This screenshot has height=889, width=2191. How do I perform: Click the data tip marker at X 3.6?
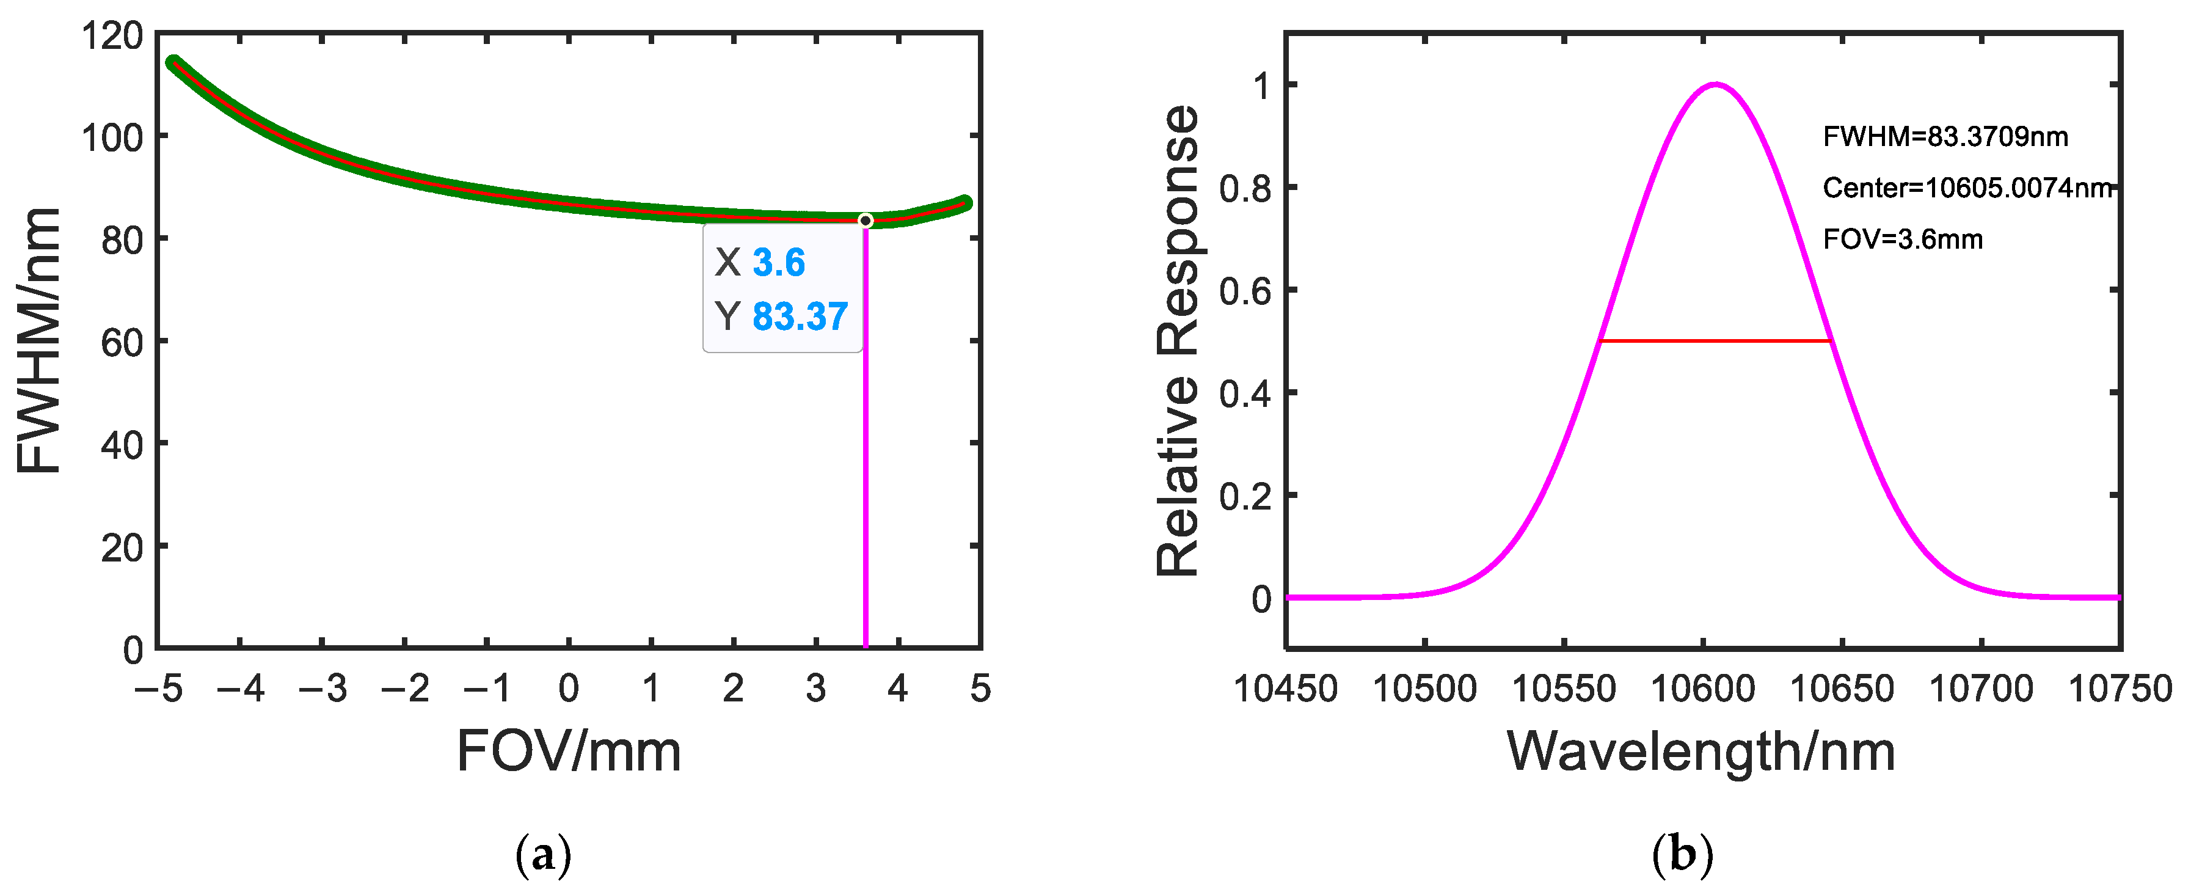point(865,221)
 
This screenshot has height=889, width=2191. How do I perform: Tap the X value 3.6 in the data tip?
point(778,262)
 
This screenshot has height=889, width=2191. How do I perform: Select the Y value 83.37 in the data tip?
point(800,316)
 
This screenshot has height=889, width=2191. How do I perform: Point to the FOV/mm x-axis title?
point(568,751)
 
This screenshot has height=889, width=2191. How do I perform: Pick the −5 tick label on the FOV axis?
point(159,688)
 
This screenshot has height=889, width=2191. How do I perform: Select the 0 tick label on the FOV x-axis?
point(568,688)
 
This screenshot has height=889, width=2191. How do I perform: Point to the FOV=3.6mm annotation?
point(1902,239)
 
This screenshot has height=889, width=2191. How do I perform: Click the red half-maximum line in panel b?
point(1714,340)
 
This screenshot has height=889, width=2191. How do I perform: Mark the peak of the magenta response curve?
point(1716,84)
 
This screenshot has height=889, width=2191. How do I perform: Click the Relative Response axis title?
point(1179,340)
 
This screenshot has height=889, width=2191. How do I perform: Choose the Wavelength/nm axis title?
point(1701,751)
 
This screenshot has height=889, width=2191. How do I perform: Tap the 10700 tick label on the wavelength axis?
point(1981,688)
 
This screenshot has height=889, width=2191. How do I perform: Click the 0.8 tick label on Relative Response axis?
point(1244,188)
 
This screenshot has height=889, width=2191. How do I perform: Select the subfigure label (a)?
point(544,855)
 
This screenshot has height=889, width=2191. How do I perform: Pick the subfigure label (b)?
point(1682,855)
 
